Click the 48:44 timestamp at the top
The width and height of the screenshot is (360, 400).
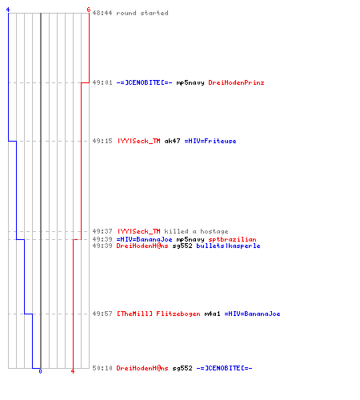point(102,13)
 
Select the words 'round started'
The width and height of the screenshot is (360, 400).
point(142,13)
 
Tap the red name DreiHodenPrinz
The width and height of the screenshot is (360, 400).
point(236,82)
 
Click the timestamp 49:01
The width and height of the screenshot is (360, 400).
point(102,82)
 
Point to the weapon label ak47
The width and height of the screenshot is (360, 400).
point(172,141)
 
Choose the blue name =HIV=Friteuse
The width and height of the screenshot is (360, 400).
point(210,141)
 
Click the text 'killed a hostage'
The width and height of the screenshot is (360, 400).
point(196,231)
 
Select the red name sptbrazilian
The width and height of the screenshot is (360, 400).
point(232,239)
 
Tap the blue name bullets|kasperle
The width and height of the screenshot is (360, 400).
point(228,246)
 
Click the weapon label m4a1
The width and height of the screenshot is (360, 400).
point(212,314)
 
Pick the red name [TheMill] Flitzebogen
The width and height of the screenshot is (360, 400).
point(158,314)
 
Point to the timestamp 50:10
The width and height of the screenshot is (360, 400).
point(102,368)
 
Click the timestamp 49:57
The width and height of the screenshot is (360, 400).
point(102,314)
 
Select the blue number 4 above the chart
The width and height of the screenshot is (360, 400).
point(8,10)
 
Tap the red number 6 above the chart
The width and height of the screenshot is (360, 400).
point(89,10)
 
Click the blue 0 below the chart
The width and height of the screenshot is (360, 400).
point(40,371)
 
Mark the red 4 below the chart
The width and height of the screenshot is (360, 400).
point(73,371)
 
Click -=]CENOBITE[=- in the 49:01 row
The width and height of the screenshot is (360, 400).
point(144,82)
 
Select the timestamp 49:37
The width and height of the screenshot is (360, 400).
point(102,231)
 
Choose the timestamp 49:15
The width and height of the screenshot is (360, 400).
point(102,141)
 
